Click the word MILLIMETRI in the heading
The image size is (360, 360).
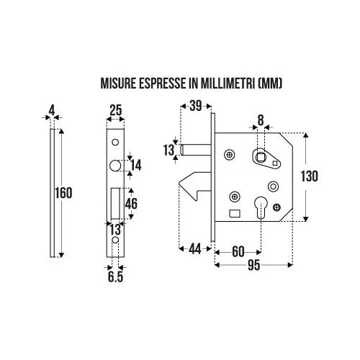pos(227,84)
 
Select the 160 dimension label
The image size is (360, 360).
pos(63,193)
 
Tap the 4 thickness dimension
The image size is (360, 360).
pos(52,111)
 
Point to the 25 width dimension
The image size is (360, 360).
pos(116,111)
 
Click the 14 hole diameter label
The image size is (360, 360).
pos(136,166)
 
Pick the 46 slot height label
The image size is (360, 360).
pos(132,204)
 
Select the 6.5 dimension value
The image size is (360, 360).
pos(115,277)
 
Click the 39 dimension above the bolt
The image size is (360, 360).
pos(196,106)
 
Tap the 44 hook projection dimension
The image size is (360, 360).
pos(194,250)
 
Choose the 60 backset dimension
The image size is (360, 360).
pos(238,252)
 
